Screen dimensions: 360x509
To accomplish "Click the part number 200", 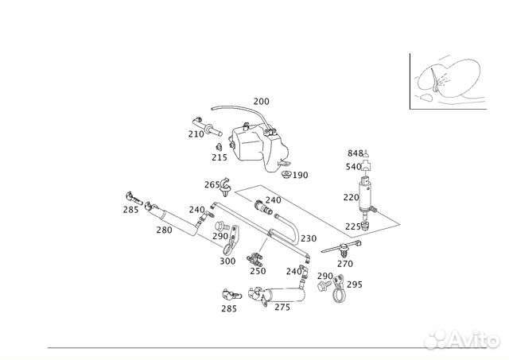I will [261, 102].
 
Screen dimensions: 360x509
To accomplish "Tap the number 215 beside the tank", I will [219, 157].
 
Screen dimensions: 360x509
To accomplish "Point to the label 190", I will [300, 175].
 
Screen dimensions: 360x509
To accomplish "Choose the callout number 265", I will [212, 184].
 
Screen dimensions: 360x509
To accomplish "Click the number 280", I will [164, 230].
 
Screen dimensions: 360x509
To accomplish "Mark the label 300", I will [227, 261].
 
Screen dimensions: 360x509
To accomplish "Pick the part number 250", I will [258, 270].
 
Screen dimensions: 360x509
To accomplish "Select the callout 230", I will [309, 238].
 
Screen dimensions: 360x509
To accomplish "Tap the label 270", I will [344, 264].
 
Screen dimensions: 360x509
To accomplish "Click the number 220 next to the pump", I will [351, 197].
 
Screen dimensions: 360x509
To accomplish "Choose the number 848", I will [355, 153].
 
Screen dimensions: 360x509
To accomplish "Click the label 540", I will [354, 167].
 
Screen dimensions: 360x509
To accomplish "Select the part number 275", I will [282, 308].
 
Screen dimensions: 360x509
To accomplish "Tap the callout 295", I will [355, 285].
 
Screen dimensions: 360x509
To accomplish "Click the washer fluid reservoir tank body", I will [255, 147].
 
